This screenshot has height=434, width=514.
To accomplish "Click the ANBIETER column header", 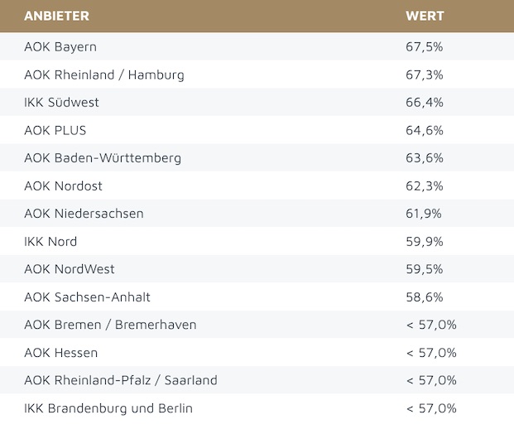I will click(56, 16).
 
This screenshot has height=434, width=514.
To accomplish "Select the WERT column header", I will click(425, 16).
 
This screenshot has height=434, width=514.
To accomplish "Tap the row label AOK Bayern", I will click(60, 46).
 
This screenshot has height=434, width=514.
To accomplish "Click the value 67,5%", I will click(425, 46).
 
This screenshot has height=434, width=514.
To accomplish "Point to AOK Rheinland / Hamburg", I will click(104, 75).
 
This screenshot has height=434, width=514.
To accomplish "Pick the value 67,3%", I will click(425, 75).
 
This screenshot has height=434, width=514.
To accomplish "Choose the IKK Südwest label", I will click(61, 103).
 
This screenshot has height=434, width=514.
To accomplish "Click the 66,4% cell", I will click(425, 103).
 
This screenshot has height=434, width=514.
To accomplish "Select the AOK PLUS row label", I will click(55, 130).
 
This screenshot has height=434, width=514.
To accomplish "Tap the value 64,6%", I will click(425, 130).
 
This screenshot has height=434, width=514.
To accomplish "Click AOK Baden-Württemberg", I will click(103, 158).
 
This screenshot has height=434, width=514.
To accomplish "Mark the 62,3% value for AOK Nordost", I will click(425, 186).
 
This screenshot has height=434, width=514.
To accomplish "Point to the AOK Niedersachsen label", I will click(84, 214).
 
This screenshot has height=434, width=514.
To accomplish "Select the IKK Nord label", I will click(50, 242).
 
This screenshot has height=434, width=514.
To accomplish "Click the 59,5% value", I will click(425, 269).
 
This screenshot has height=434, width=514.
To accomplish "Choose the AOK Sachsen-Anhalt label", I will click(87, 297).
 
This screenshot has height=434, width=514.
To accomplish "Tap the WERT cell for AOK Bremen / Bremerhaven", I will click(430, 325).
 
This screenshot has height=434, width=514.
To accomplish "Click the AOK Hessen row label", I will click(60, 353).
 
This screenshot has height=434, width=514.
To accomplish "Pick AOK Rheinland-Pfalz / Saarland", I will click(121, 380).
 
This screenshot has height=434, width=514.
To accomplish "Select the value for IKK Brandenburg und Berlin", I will click(430, 408).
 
